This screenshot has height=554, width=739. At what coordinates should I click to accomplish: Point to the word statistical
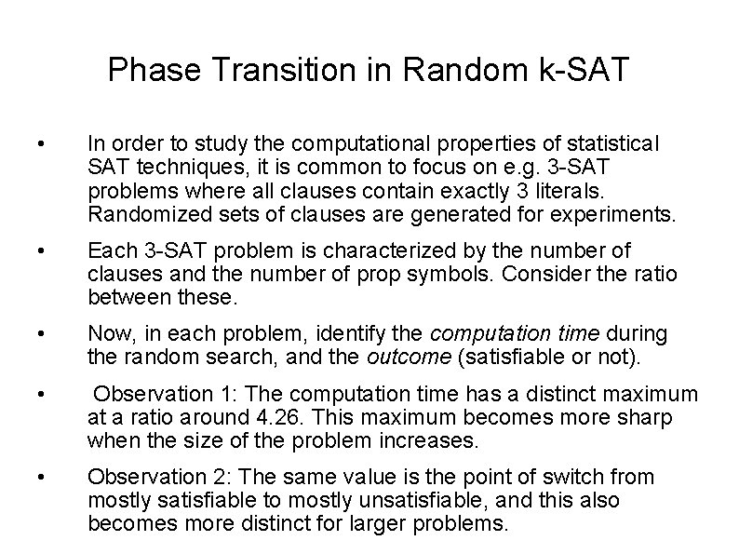(611, 145)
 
